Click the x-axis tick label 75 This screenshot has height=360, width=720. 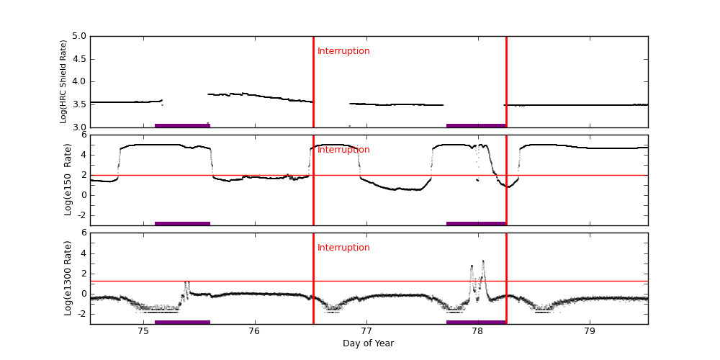(143, 331)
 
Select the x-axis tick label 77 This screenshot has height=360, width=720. (366, 331)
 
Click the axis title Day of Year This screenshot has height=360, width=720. (368, 343)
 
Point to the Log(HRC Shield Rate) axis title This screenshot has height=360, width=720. (63, 81)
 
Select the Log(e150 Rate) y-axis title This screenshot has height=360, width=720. (68, 179)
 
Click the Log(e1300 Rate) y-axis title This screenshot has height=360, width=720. (68, 278)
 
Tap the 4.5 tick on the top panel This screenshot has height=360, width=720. (78, 59)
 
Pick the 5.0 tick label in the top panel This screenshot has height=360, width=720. (78, 36)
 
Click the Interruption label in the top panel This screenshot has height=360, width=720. (343, 51)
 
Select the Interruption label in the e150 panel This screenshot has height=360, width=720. (343, 150)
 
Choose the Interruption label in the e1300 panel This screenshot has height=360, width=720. (343, 248)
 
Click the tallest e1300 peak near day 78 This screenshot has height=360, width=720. (483, 261)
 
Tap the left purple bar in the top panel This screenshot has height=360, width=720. (182, 125)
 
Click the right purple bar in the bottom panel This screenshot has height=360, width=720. (476, 322)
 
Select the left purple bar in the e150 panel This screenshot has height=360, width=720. (182, 223)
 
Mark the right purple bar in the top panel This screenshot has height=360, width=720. (476, 125)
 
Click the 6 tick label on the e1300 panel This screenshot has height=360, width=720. (83, 233)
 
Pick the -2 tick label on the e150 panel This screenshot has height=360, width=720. (81, 215)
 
